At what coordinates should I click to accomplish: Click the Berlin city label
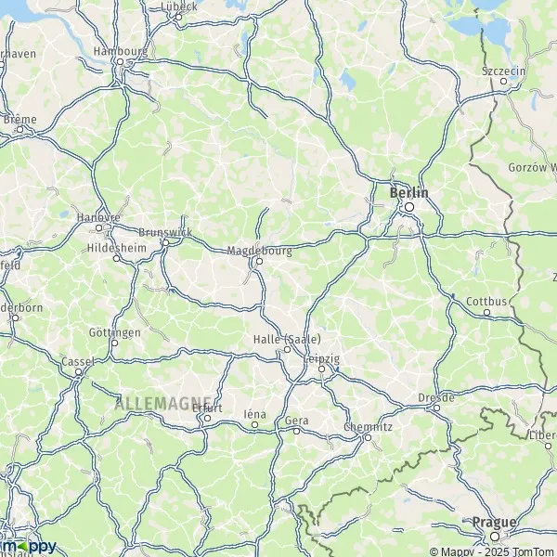click(x=409, y=192)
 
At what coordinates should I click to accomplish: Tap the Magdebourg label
click(x=259, y=250)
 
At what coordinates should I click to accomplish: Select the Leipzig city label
click(x=321, y=358)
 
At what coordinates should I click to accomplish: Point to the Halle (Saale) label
click(x=287, y=339)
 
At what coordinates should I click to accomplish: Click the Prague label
click(x=493, y=523)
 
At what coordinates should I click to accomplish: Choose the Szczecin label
click(x=504, y=70)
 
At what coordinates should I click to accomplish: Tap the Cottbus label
click(x=486, y=302)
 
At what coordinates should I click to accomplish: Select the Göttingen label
click(x=115, y=331)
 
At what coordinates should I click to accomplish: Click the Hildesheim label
click(x=116, y=247)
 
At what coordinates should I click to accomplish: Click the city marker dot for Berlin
click(x=408, y=207)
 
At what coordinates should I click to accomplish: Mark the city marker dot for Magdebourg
click(x=259, y=261)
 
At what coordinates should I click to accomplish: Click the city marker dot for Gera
click(x=297, y=431)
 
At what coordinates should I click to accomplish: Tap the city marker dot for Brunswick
click(x=165, y=243)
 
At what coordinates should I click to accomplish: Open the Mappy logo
click(x=29, y=546)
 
